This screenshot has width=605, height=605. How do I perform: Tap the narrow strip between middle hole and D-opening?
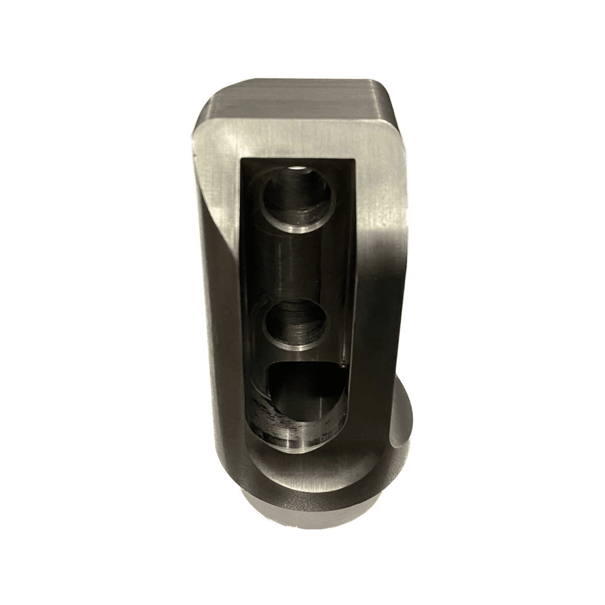[296, 357]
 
